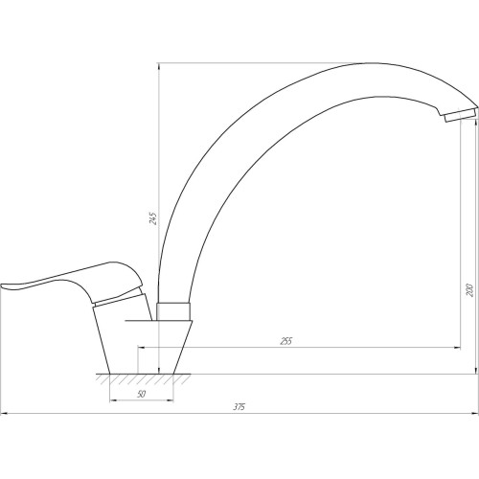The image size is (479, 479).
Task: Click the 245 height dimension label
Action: point(153,218)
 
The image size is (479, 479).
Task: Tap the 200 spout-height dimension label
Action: point(469,289)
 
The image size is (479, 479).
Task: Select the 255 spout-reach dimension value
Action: point(286,341)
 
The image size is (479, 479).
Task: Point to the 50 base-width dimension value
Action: point(141,394)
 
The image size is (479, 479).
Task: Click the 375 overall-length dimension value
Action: point(239,407)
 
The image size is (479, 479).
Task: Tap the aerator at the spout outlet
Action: point(459,115)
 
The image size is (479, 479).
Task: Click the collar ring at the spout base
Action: point(173,311)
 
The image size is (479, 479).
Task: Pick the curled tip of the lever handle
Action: point(4,285)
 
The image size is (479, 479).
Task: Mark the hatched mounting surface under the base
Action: point(143,378)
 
